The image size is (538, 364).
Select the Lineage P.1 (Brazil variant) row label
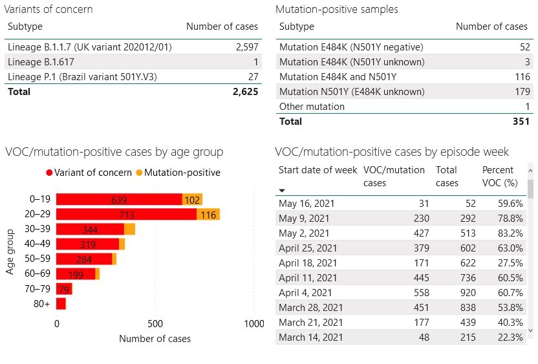82,77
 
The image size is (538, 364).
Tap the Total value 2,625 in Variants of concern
245,92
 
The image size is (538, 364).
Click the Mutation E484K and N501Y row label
338,77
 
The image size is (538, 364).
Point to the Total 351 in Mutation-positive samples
519,121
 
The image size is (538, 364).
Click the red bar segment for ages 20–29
126,214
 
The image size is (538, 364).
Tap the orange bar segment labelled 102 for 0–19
192,200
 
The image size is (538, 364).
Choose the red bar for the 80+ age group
61,303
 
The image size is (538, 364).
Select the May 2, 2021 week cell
304,233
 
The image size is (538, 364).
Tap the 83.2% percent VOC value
510,233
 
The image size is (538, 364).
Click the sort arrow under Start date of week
283,191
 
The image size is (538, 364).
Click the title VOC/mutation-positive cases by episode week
392,152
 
